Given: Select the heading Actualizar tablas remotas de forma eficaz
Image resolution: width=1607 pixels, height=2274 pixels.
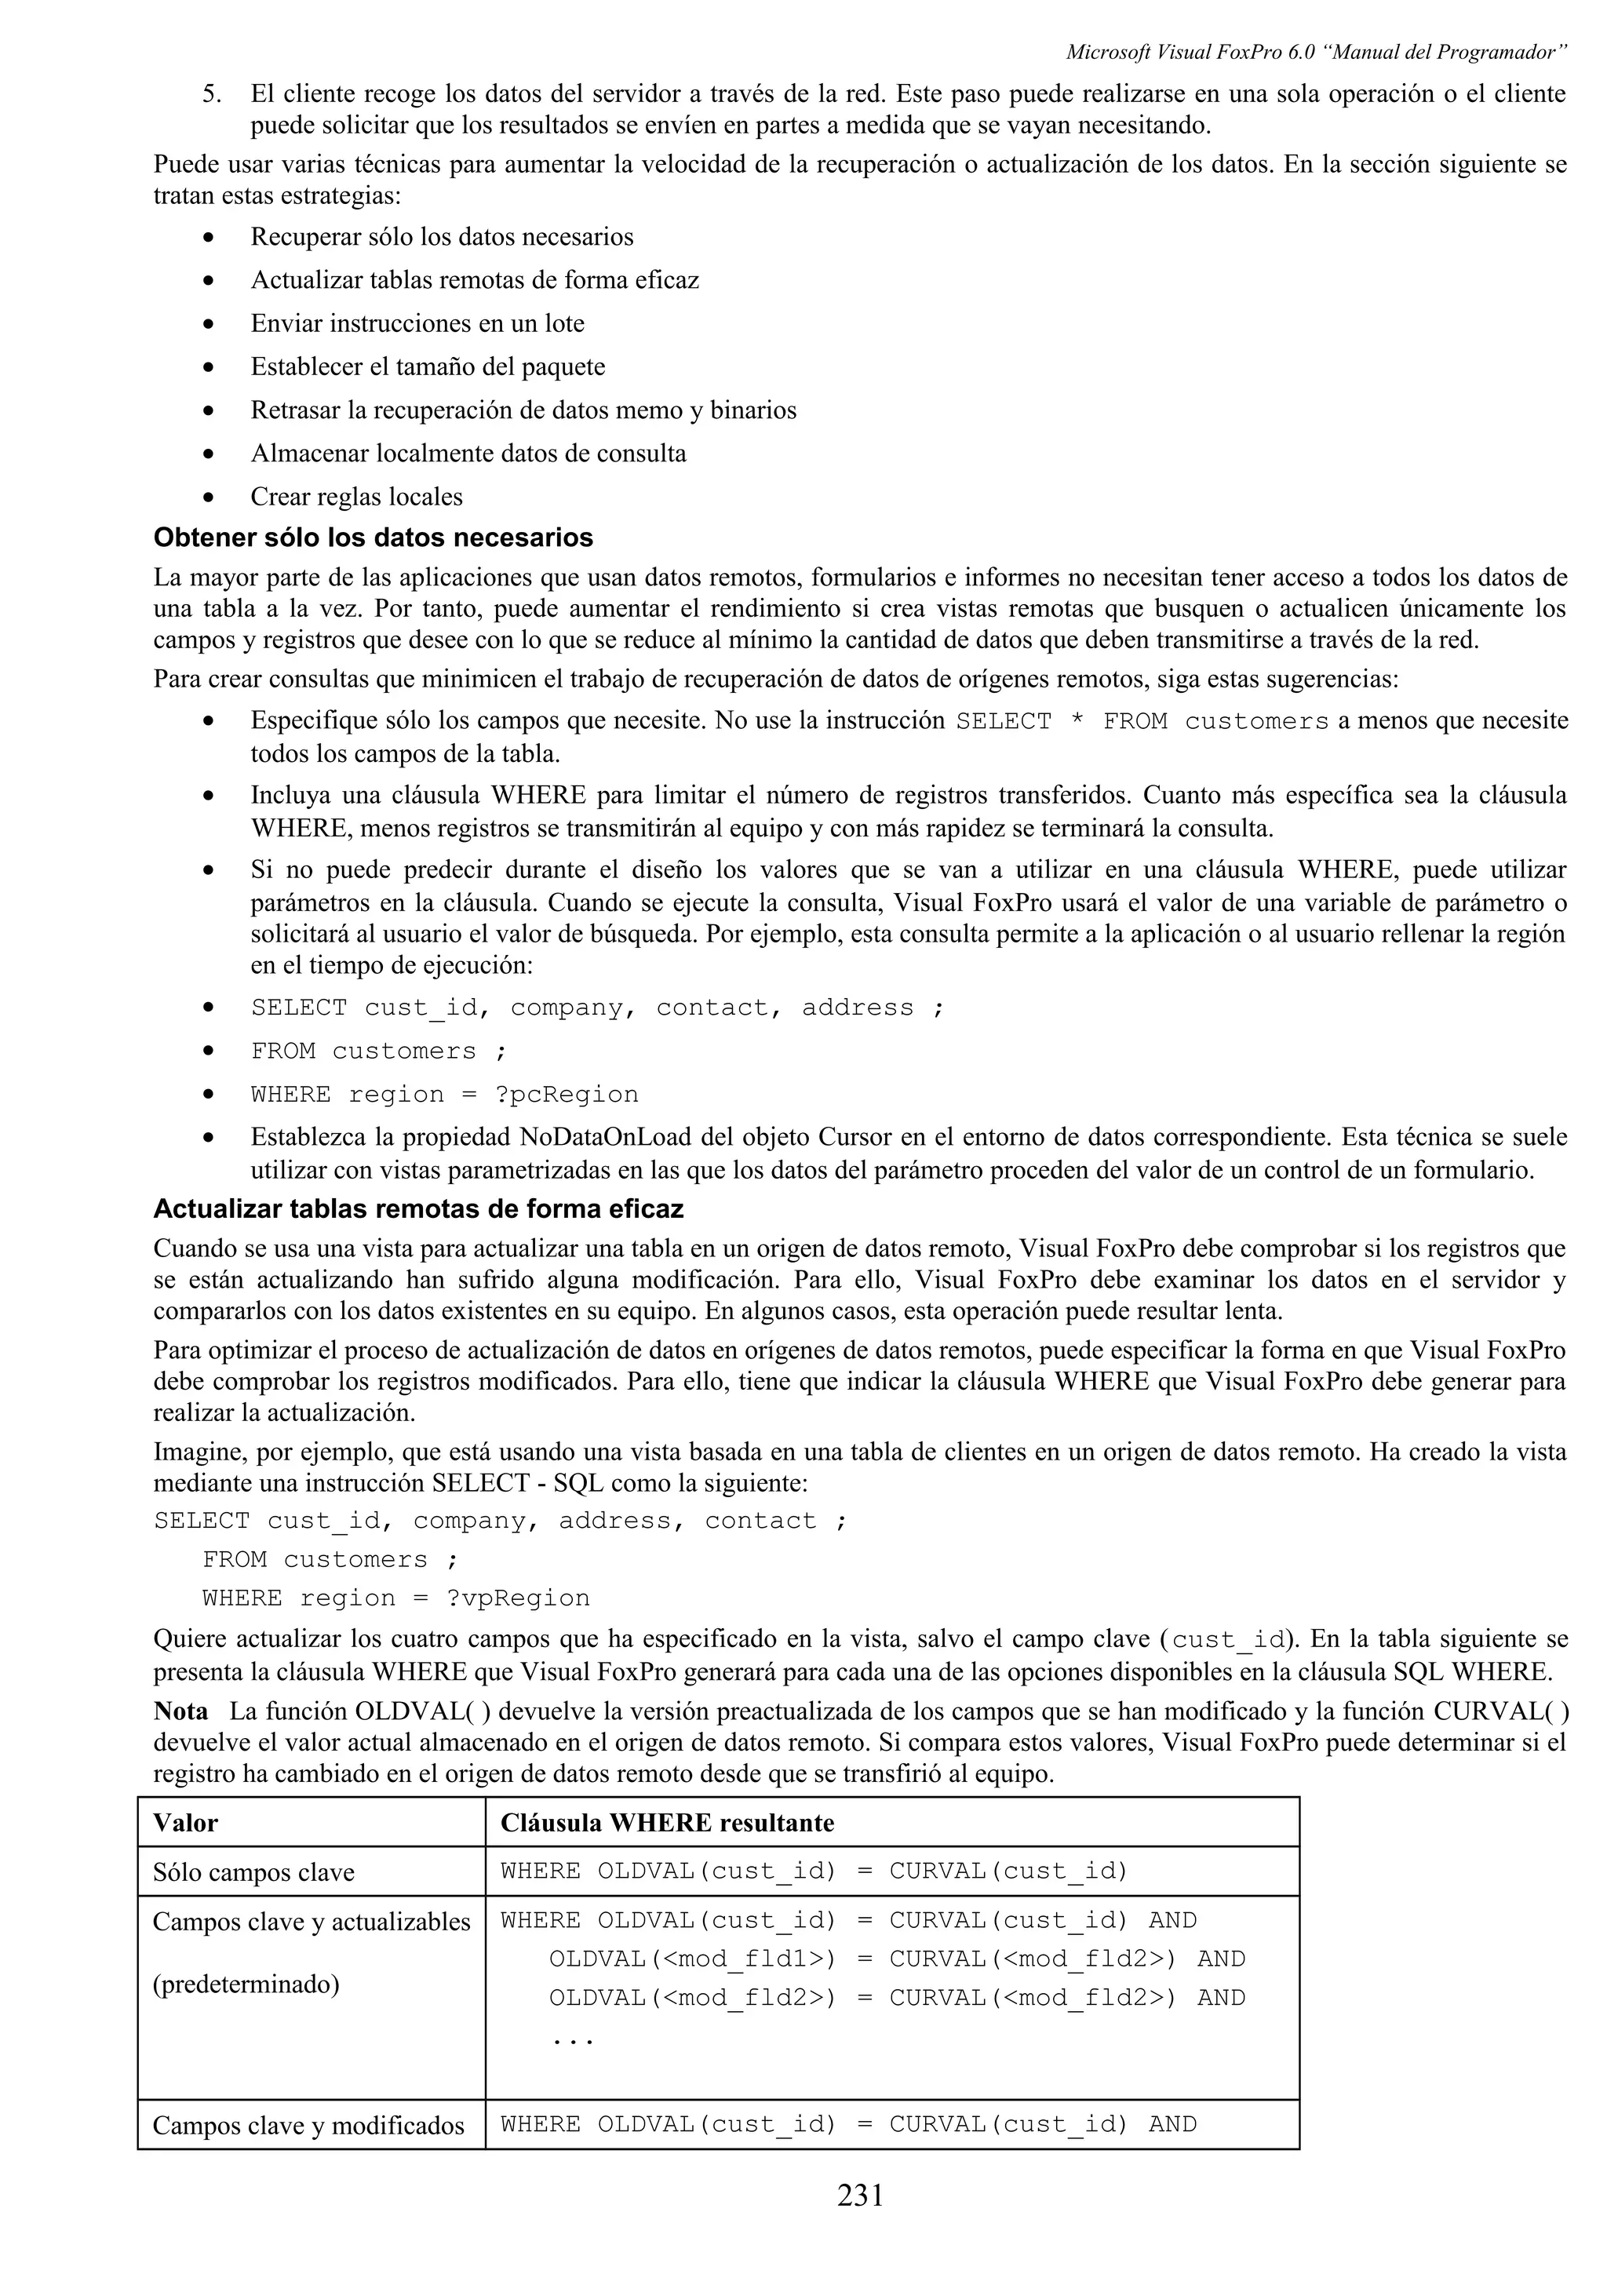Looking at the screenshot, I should click(418, 1209).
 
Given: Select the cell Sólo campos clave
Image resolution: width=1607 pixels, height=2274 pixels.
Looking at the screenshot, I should click(253, 1872).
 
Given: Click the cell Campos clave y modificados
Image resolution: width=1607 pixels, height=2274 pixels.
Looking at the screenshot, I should click(308, 2126).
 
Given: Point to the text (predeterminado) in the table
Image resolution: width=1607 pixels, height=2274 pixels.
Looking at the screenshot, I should click(246, 1984).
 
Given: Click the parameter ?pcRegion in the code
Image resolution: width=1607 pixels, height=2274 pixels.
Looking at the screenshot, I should click(567, 1095).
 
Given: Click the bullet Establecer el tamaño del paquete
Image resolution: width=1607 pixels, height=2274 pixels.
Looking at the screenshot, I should click(428, 366).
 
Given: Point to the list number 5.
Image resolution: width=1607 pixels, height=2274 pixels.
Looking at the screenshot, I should click(211, 94).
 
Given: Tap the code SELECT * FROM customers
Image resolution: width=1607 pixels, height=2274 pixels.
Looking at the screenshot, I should click(1142, 722).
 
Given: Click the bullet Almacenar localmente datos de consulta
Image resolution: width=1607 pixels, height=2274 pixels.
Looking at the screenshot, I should click(468, 453).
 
